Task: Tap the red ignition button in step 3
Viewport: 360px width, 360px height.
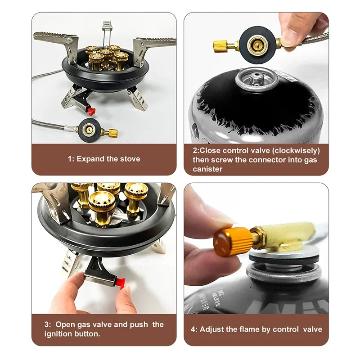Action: tap(120, 282)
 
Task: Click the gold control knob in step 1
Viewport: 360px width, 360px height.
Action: tap(110, 133)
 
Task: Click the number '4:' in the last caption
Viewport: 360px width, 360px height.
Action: tap(194, 329)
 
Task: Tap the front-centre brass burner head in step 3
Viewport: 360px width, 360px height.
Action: tap(102, 204)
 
